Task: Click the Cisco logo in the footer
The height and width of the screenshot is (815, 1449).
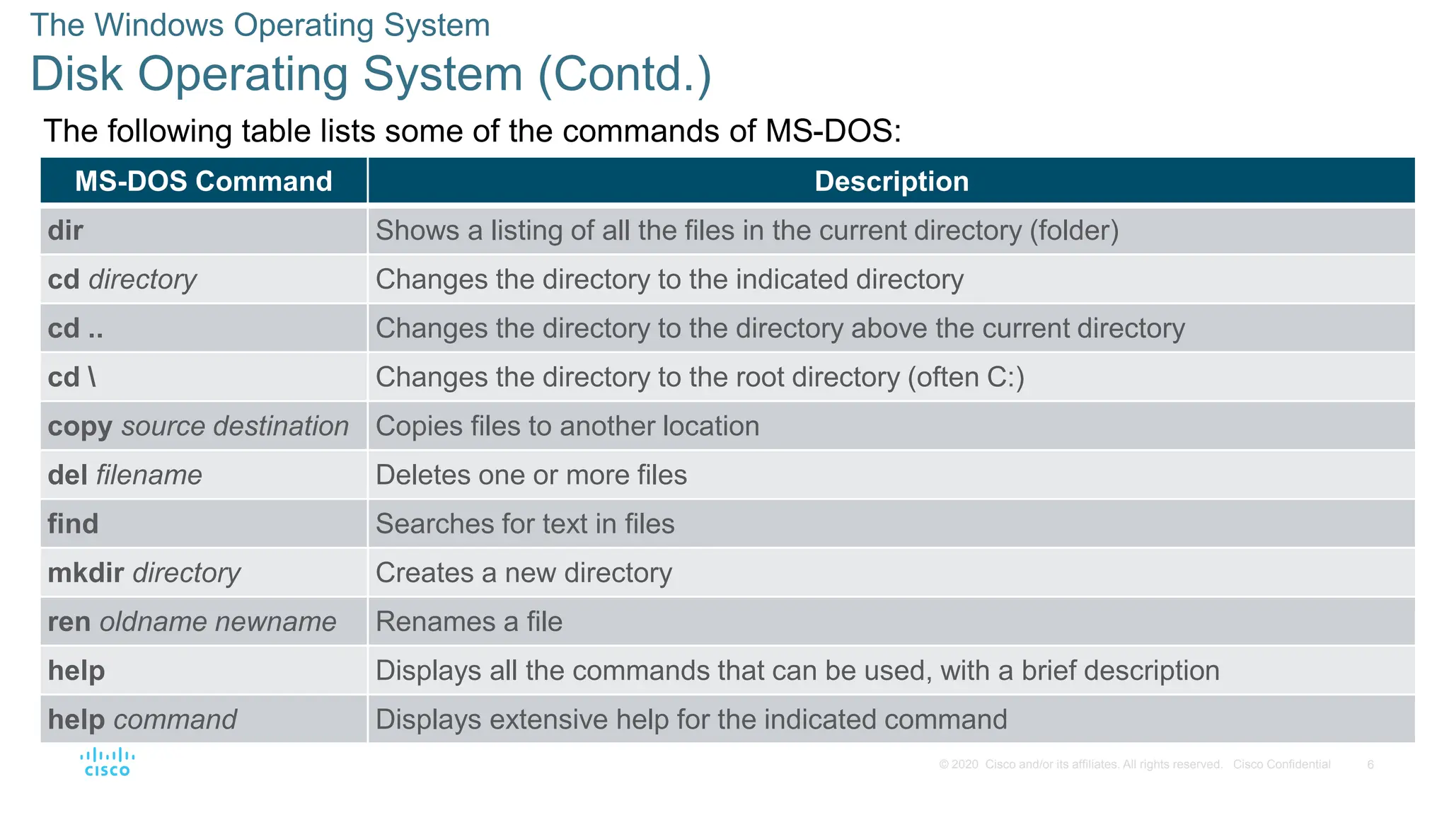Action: pos(107,762)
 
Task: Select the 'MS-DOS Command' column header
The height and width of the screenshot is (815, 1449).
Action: pos(204,181)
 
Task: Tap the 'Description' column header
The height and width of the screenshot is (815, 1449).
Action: pos(891,181)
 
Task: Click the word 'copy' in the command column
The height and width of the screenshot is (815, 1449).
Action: pos(80,427)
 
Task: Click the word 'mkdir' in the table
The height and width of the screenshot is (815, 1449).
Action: pos(86,572)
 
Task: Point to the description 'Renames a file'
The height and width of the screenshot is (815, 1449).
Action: pos(469,621)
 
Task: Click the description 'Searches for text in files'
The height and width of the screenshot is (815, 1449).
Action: pos(525,524)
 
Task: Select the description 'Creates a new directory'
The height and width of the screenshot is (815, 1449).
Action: pos(524,572)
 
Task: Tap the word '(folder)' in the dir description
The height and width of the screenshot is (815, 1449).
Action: pos(1074,231)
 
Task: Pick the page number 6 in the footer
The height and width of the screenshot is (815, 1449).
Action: pos(1370,764)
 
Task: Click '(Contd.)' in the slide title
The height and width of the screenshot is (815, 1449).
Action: pos(625,74)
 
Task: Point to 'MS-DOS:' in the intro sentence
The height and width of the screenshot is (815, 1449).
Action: pos(833,131)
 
